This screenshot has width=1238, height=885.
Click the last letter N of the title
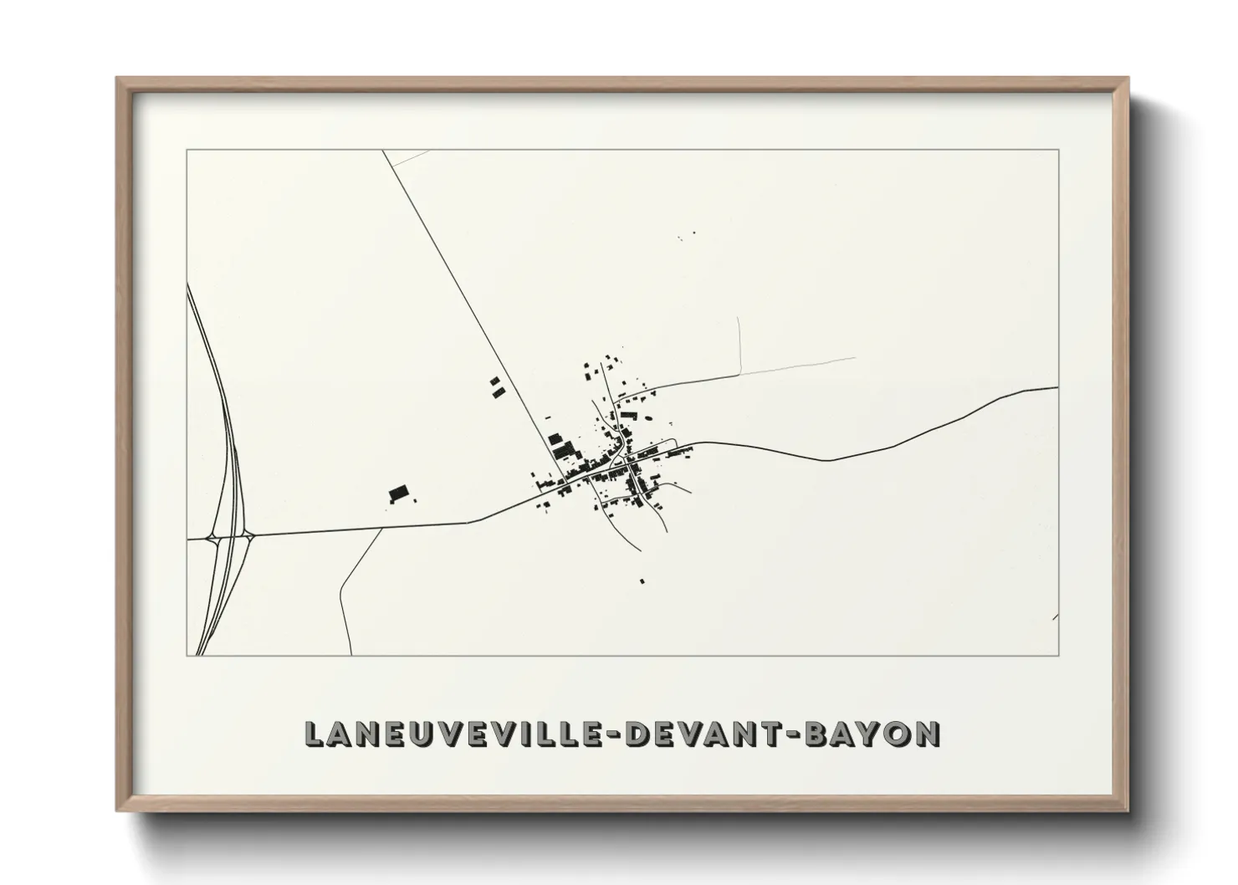(x=926, y=734)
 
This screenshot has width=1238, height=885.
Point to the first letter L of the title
(x=313, y=734)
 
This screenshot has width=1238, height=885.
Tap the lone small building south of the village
(x=642, y=581)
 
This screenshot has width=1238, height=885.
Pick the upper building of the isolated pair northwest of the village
(x=494, y=382)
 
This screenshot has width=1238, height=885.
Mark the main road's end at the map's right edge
(x=1056, y=388)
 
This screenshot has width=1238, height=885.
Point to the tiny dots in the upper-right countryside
(x=687, y=237)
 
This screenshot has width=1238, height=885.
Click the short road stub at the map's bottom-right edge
(x=1055, y=617)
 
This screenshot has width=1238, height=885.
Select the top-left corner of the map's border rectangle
(x=187, y=151)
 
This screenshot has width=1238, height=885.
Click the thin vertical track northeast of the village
(x=740, y=345)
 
